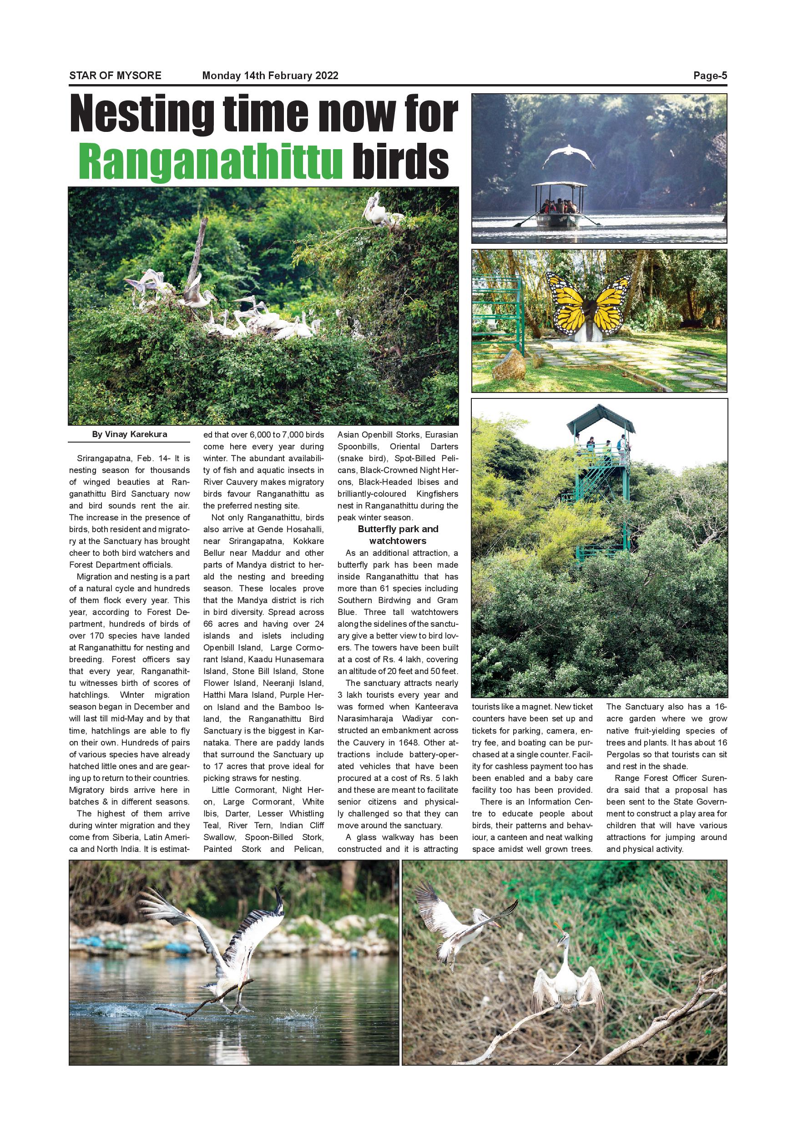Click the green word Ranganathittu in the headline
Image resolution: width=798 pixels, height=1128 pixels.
tap(210, 160)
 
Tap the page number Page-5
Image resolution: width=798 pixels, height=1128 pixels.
tap(710, 76)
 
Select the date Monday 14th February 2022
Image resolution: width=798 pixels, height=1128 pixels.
tap(270, 76)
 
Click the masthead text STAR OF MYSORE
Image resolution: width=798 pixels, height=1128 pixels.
tap(115, 76)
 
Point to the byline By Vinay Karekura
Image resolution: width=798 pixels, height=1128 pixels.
tap(129, 434)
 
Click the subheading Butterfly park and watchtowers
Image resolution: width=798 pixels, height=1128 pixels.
tap(398, 534)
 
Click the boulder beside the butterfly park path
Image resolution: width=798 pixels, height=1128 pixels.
tap(508, 364)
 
